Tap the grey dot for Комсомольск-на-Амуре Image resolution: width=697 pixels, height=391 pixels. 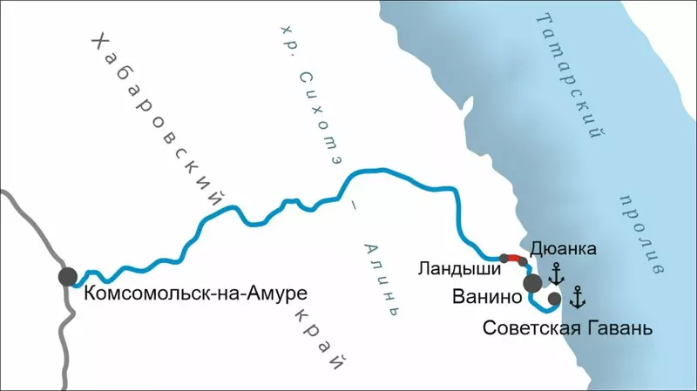68,277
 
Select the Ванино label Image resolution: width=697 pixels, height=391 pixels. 486,296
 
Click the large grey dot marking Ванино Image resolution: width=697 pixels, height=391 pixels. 531,283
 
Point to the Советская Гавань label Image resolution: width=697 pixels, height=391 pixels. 565,330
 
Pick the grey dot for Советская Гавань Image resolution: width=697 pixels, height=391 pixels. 554,299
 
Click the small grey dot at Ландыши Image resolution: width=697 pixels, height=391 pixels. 504,258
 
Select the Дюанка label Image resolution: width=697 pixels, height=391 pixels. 562,250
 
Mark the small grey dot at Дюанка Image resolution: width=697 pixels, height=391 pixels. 525,261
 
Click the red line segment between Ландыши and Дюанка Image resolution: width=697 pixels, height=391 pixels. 515,258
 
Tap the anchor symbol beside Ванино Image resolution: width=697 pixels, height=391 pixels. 556,276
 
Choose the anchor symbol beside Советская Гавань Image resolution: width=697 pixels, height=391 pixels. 577,298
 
